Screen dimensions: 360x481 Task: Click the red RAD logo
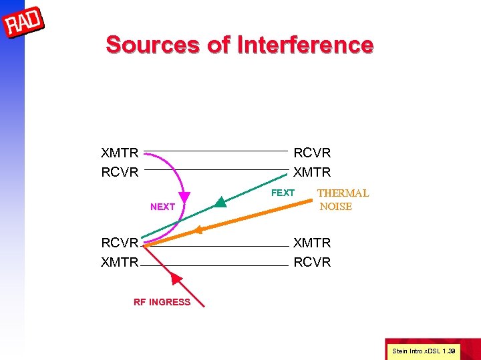(x=24, y=23)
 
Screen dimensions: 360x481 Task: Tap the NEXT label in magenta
(x=162, y=207)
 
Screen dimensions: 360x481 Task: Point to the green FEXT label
(x=283, y=193)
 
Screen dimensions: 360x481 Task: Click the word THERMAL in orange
(x=343, y=193)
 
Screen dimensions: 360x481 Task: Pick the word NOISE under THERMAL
(x=336, y=207)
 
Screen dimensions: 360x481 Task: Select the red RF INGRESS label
(x=162, y=302)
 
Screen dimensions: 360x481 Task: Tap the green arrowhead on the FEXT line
(x=221, y=201)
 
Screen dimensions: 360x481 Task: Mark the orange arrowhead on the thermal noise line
(x=196, y=231)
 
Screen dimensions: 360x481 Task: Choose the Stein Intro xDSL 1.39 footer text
(x=423, y=351)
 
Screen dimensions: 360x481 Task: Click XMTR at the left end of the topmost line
(x=120, y=153)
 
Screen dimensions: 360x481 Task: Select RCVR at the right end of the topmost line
(x=312, y=153)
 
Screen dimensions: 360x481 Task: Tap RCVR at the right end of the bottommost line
(x=312, y=262)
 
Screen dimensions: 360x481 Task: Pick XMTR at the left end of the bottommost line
(x=120, y=262)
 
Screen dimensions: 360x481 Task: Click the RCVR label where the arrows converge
(x=120, y=243)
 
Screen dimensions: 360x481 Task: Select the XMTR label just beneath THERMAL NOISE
(x=312, y=243)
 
